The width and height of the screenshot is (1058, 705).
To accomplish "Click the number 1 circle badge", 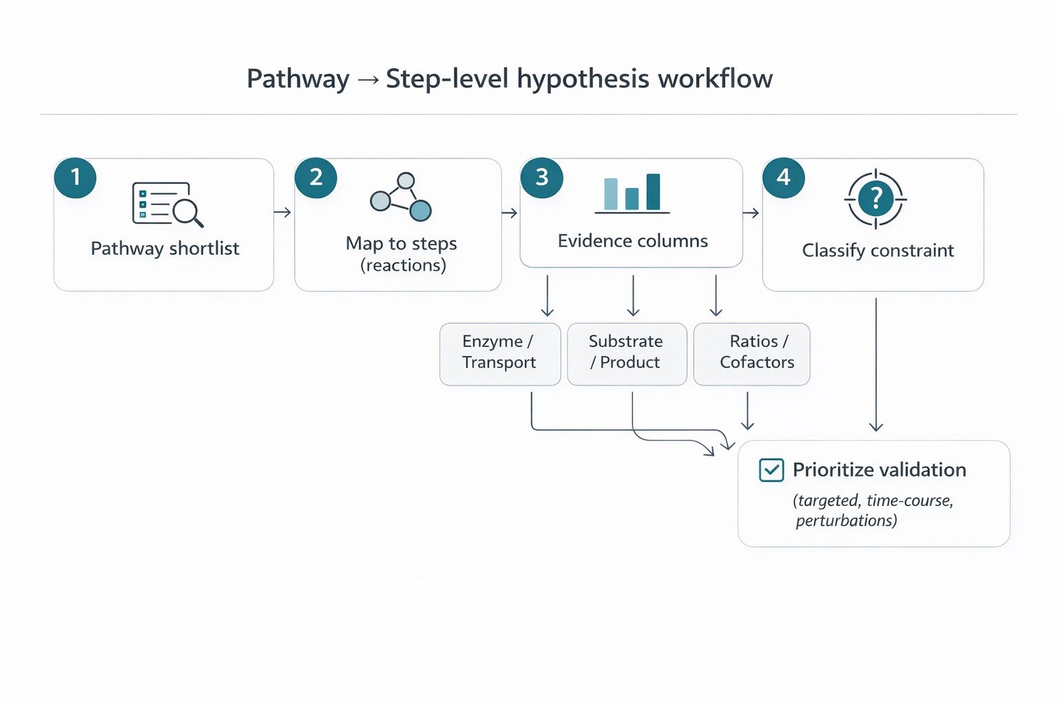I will click(x=75, y=178).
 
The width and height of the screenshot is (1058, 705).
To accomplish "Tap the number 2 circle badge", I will click(x=315, y=178).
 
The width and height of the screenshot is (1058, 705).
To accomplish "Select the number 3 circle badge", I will click(x=541, y=178).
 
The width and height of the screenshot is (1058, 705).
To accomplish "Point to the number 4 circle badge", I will click(x=783, y=178).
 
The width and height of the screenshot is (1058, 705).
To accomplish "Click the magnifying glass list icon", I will click(x=167, y=204).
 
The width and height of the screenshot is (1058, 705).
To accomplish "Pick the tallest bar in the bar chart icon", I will click(x=653, y=191).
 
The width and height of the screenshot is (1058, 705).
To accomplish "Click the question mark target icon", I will click(x=875, y=200).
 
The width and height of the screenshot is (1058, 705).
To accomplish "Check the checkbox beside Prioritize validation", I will click(x=771, y=470).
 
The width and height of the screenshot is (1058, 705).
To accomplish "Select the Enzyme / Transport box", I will click(x=499, y=354).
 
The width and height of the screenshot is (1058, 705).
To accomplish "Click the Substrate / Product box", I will click(x=626, y=354).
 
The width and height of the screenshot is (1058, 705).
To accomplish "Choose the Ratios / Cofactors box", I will click(x=751, y=354).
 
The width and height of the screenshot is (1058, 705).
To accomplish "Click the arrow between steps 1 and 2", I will click(x=282, y=213).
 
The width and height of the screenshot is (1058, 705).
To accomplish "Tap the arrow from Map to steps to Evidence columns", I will click(x=510, y=213).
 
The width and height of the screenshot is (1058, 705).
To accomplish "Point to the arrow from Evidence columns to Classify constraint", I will click(x=751, y=213).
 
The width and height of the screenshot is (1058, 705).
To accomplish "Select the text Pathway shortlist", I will click(x=165, y=249).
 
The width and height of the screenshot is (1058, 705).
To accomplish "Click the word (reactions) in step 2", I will click(x=403, y=265).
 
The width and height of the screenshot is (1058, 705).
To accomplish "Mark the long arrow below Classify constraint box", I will click(x=875, y=365).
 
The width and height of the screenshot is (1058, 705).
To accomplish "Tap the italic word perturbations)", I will click(x=846, y=520).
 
